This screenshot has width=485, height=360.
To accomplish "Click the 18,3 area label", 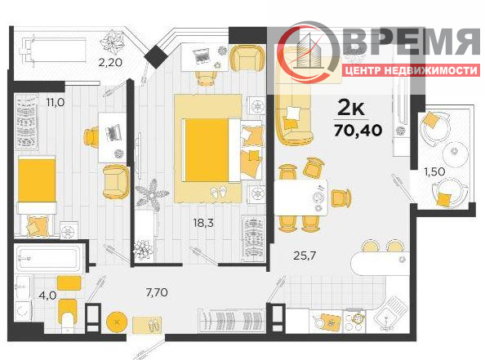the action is pyautogui.click(x=203, y=223).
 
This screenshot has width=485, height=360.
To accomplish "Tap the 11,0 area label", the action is pyautogui.click(x=56, y=102).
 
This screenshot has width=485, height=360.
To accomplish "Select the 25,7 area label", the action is pyautogui.click(x=305, y=256).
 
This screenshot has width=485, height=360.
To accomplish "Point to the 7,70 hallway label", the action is pyautogui.click(x=157, y=292).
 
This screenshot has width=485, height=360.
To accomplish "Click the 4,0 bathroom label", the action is pyautogui.click(x=47, y=296).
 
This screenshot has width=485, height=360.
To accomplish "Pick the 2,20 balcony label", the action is pyautogui.click(x=110, y=63).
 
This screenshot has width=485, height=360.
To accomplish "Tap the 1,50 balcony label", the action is pyautogui.click(x=434, y=171).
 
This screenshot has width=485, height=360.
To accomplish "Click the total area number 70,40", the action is pyautogui.click(x=358, y=131).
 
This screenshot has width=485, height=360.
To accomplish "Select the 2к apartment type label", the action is pyautogui.click(x=351, y=108).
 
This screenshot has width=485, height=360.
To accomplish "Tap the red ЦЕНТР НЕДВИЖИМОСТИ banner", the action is pyautogui.click(x=411, y=70).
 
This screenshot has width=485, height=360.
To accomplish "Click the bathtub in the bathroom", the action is pyautogui.click(x=47, y=258).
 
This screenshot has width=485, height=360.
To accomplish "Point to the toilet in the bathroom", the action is pyautogui.click(x=68, y=315).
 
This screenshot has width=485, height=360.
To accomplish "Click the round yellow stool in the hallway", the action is pyautogui.click(x=117, y=322).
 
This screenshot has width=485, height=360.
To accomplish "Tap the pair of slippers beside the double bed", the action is pyautogui.click(x=218, y=193).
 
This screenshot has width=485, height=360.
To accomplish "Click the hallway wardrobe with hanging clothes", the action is pyautogui.click(x=232, y=320).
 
